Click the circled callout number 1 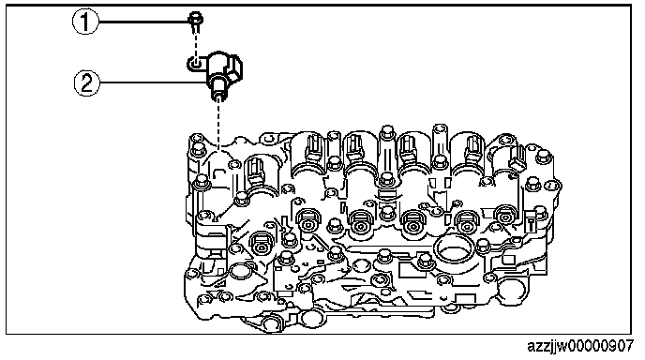85,22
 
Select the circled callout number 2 87,83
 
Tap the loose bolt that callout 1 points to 196,22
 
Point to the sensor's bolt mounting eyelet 195,64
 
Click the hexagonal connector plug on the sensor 235,67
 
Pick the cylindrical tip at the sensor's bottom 218,91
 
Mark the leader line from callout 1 143,22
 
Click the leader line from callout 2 153,83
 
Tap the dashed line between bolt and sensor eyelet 196,44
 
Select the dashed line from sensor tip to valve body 218,125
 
